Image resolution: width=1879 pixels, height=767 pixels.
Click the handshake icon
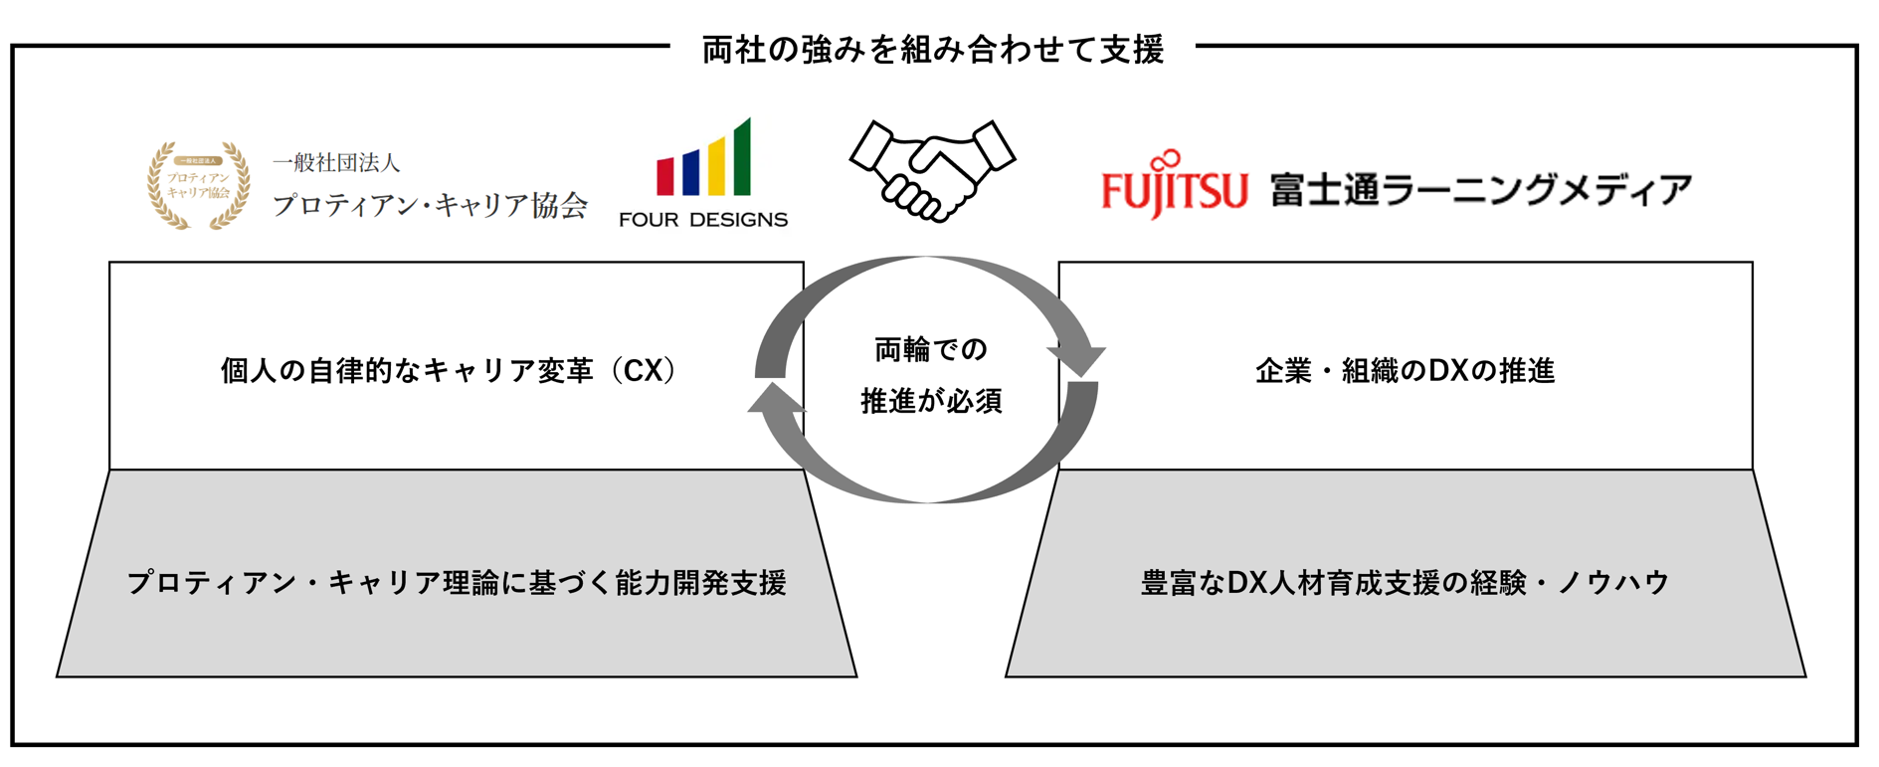coord(931,170)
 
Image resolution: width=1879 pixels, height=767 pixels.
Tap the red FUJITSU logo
coord(1174,187)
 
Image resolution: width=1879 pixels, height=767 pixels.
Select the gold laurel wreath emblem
coord(198,185)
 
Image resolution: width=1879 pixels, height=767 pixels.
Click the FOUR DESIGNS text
coord(702,220)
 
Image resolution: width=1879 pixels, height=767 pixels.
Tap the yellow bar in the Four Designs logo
coord(716,167)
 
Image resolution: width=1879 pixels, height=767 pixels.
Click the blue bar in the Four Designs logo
coord(690,172)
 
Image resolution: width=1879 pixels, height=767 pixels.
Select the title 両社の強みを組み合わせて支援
coord(932,49)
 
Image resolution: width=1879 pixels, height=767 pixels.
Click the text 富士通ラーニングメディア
coord(1480,189)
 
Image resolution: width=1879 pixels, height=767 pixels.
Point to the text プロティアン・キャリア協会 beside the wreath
coord(430,205)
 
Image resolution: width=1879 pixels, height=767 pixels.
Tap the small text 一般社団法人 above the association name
coord(336,162)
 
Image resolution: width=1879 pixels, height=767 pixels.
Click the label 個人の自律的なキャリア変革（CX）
coord(449,371)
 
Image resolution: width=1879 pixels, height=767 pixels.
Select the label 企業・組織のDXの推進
coord(1405,371)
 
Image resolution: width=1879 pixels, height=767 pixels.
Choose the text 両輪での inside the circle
coord(931,349)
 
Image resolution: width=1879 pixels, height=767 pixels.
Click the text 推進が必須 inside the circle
coord(931,401)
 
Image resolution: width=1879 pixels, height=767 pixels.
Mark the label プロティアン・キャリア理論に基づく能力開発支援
coord(457,583)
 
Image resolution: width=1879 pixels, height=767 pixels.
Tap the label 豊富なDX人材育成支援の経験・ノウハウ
coord(1405,583)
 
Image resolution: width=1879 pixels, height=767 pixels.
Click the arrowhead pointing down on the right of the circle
coord(1078,360)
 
